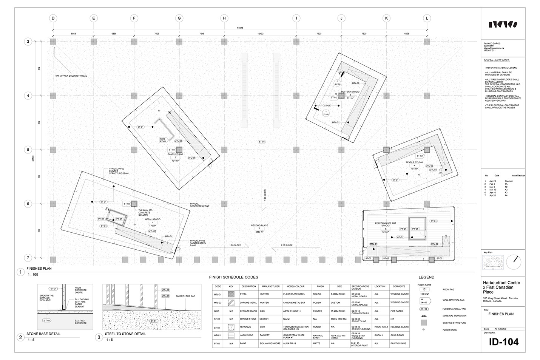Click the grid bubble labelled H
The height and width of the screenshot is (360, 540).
[x=224, y=18]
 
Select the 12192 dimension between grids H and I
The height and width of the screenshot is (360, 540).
[x=260, y=34]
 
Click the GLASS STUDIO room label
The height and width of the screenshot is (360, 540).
[x=175, y=154]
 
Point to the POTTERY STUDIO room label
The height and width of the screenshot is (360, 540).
[x=350, y=92]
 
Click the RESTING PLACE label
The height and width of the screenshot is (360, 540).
[x=259, y=226]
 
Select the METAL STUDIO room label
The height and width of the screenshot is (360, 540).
[x=153, y=219]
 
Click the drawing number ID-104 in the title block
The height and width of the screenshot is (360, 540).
[x=503, y=343]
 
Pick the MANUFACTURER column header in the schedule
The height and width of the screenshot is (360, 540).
[x=270, y=286]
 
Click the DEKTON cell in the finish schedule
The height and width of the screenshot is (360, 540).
[x=264, y=319]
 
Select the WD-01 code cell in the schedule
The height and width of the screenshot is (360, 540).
[x=218, y=335]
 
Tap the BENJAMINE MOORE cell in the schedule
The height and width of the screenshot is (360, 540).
[x=270, y=343]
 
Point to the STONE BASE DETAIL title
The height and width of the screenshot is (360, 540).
[x=43, y=334]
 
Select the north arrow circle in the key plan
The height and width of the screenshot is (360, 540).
[x=512, y=262]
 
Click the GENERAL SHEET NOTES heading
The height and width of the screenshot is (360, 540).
[x=497, y=60]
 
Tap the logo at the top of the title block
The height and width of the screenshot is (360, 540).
[x=503, y=25]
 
